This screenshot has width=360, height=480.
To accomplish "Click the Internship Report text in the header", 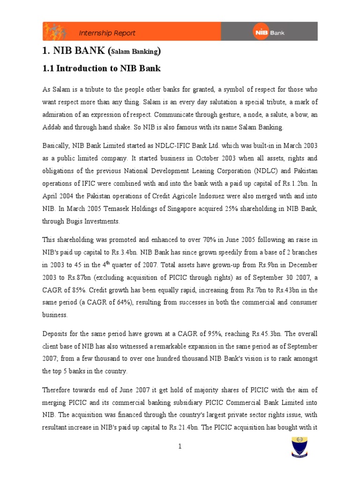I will pyautogui.click(x=107, y=33).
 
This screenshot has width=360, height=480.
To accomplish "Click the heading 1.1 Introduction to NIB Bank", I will pyautogui.click(x=102, y=68).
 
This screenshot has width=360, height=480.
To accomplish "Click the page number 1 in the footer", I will pyautogui.click(x=180, y=446).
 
